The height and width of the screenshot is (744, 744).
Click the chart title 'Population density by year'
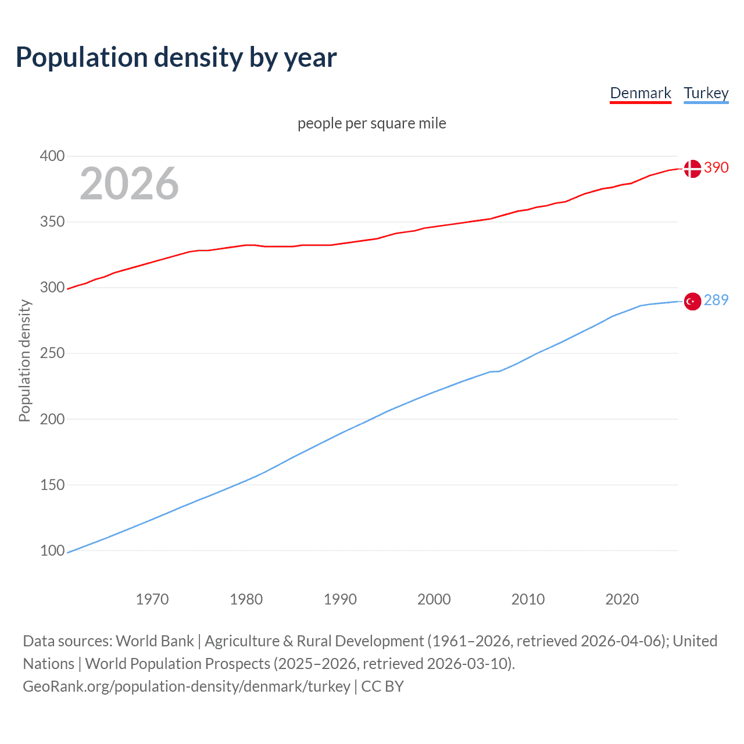tap(176, 57)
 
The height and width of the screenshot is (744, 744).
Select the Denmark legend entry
tap(641, 93)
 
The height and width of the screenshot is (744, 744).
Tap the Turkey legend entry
tap(706, 93)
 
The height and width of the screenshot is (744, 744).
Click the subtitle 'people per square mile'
tap(372, 123)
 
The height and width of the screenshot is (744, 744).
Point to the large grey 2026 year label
tap(129, 184)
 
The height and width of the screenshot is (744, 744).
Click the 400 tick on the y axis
tap(52, 156)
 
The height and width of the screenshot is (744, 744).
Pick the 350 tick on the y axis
tap(52, 221)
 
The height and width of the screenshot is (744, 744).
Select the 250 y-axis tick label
tap(52, 353)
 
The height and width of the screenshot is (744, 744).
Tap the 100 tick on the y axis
tap(52, 550)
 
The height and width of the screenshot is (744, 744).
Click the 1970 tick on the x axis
tap(152, 599)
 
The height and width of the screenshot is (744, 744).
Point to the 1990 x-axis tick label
tap(340, 599)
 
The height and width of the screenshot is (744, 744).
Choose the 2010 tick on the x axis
tap(528, 599)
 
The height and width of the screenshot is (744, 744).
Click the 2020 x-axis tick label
tap(622, 599)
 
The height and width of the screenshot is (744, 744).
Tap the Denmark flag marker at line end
tap(692, 169)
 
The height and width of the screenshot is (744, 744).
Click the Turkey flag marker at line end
tap(692, 302)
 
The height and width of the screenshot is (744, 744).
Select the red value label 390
tap(716, 167)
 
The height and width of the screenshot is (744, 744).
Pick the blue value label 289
tap(716, 300)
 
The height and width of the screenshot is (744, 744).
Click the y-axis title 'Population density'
tap(24, 360)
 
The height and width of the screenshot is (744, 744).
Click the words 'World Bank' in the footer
tap(155, 641)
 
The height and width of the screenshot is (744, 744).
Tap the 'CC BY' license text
tap(382, 686)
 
